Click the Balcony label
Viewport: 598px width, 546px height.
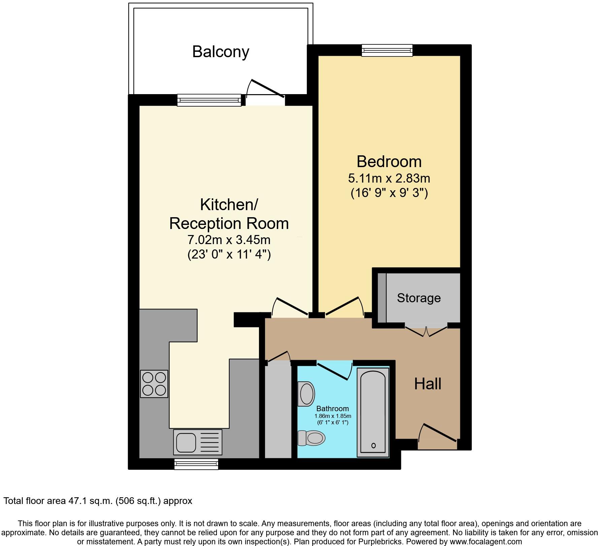click(x=221, y=52)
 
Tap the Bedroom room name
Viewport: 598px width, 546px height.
click(x=389, y=162)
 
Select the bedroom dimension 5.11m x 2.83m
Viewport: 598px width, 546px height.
click(x=389, y=178)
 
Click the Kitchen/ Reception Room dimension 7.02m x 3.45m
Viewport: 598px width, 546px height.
click(x=229, y=240)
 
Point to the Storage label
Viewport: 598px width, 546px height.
click(x=419, y=298)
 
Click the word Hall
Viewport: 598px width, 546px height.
click(x=428, y=384)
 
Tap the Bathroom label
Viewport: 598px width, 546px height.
click(x=332, y=408)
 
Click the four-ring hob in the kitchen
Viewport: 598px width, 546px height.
click(x=154, y=384)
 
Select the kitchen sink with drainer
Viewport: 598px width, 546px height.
click(x=198, y=442)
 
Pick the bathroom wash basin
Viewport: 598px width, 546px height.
click(x=306, y=394)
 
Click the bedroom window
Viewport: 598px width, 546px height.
click(x=387, y=50)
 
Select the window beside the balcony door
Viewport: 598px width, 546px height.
click(x=209, y=100)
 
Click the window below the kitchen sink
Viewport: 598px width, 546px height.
click(x=196, y=464)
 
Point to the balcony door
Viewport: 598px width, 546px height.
click(x=266, y=89)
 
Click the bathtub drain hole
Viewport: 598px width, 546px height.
click(x=373, y=445)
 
